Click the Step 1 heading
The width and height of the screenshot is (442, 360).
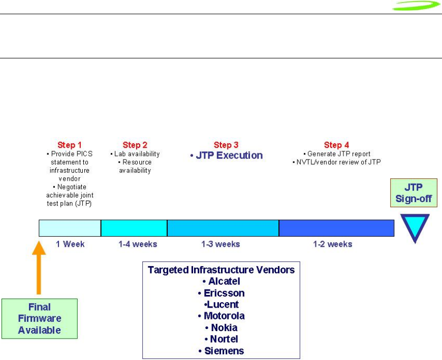(x=69, y=145)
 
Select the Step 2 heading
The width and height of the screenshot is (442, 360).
(x=135, y=145)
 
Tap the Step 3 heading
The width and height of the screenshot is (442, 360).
(x=226, y=145)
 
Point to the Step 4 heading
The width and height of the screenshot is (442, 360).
(x=336, y=145)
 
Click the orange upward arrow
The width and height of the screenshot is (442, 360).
(x=39, y=268)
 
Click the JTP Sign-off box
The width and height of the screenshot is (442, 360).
(x=414, y=192)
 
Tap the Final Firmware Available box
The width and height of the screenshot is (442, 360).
(x=40, y=318)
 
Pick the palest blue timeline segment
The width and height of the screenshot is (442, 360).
(x=70, y=228)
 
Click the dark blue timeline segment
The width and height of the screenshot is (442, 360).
(x=336, y=228)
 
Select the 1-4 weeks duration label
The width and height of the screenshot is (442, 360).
(x=138, y=244)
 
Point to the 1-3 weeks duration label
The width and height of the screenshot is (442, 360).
(x=220, y=244)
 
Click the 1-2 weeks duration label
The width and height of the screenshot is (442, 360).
(x=333, y=244)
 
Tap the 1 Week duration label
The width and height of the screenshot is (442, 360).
(x=70, y=244)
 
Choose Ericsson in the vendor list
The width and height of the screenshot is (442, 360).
(x=224, y=293)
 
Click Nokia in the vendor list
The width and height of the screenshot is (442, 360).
(x=224, y=328)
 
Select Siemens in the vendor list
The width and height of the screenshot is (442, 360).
(x=224, y=351)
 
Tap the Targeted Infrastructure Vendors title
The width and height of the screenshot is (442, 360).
(x=222, y=270)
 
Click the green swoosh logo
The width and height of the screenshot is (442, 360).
(x=416, y=6)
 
